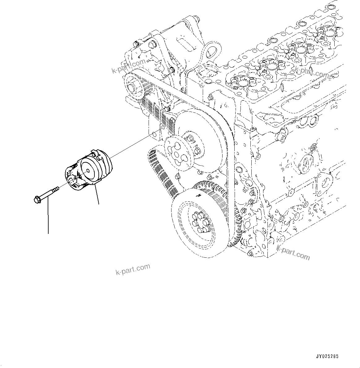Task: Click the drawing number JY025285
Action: coord(327,356)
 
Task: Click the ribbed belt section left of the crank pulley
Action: coord(161,170)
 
